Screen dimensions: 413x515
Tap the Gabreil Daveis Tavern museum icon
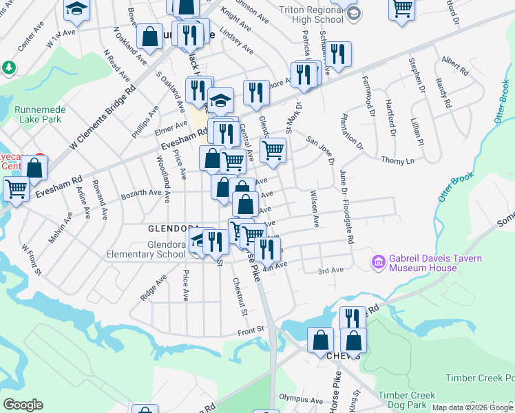point(377,262)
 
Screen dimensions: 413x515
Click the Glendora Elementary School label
point(146,249)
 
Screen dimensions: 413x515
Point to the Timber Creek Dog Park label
point(410,399)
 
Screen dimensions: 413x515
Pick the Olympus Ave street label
point(302,399)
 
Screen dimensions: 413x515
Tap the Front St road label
point(251,330)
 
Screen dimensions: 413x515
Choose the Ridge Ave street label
point(154,288)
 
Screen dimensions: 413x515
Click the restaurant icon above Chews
point(353,318)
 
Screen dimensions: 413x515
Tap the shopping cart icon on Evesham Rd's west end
point(17,189)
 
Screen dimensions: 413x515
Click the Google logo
point(23,405)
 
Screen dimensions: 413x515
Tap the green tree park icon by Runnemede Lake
point(9,68)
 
